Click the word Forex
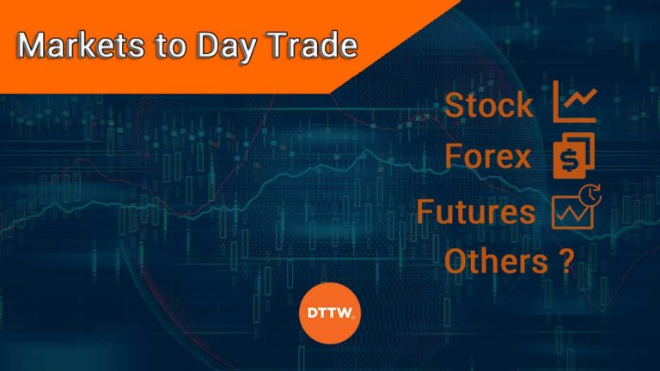pos(488,157)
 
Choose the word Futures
pos(475,210)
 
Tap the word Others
pos(494,259)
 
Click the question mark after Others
pos(565,259)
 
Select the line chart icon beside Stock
pos(575,102)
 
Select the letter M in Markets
pos(30,46)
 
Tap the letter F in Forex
pos(455,157)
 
